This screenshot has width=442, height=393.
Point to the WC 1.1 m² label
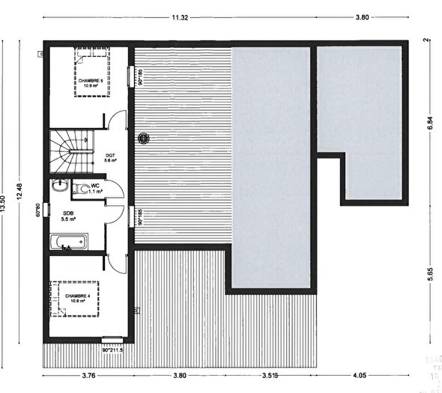(95, 189)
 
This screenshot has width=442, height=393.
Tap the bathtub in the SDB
(68, 242)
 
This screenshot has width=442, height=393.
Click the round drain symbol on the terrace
(145, 138)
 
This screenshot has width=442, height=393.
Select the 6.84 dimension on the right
(430, 124)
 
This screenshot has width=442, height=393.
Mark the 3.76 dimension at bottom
(88, 377)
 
